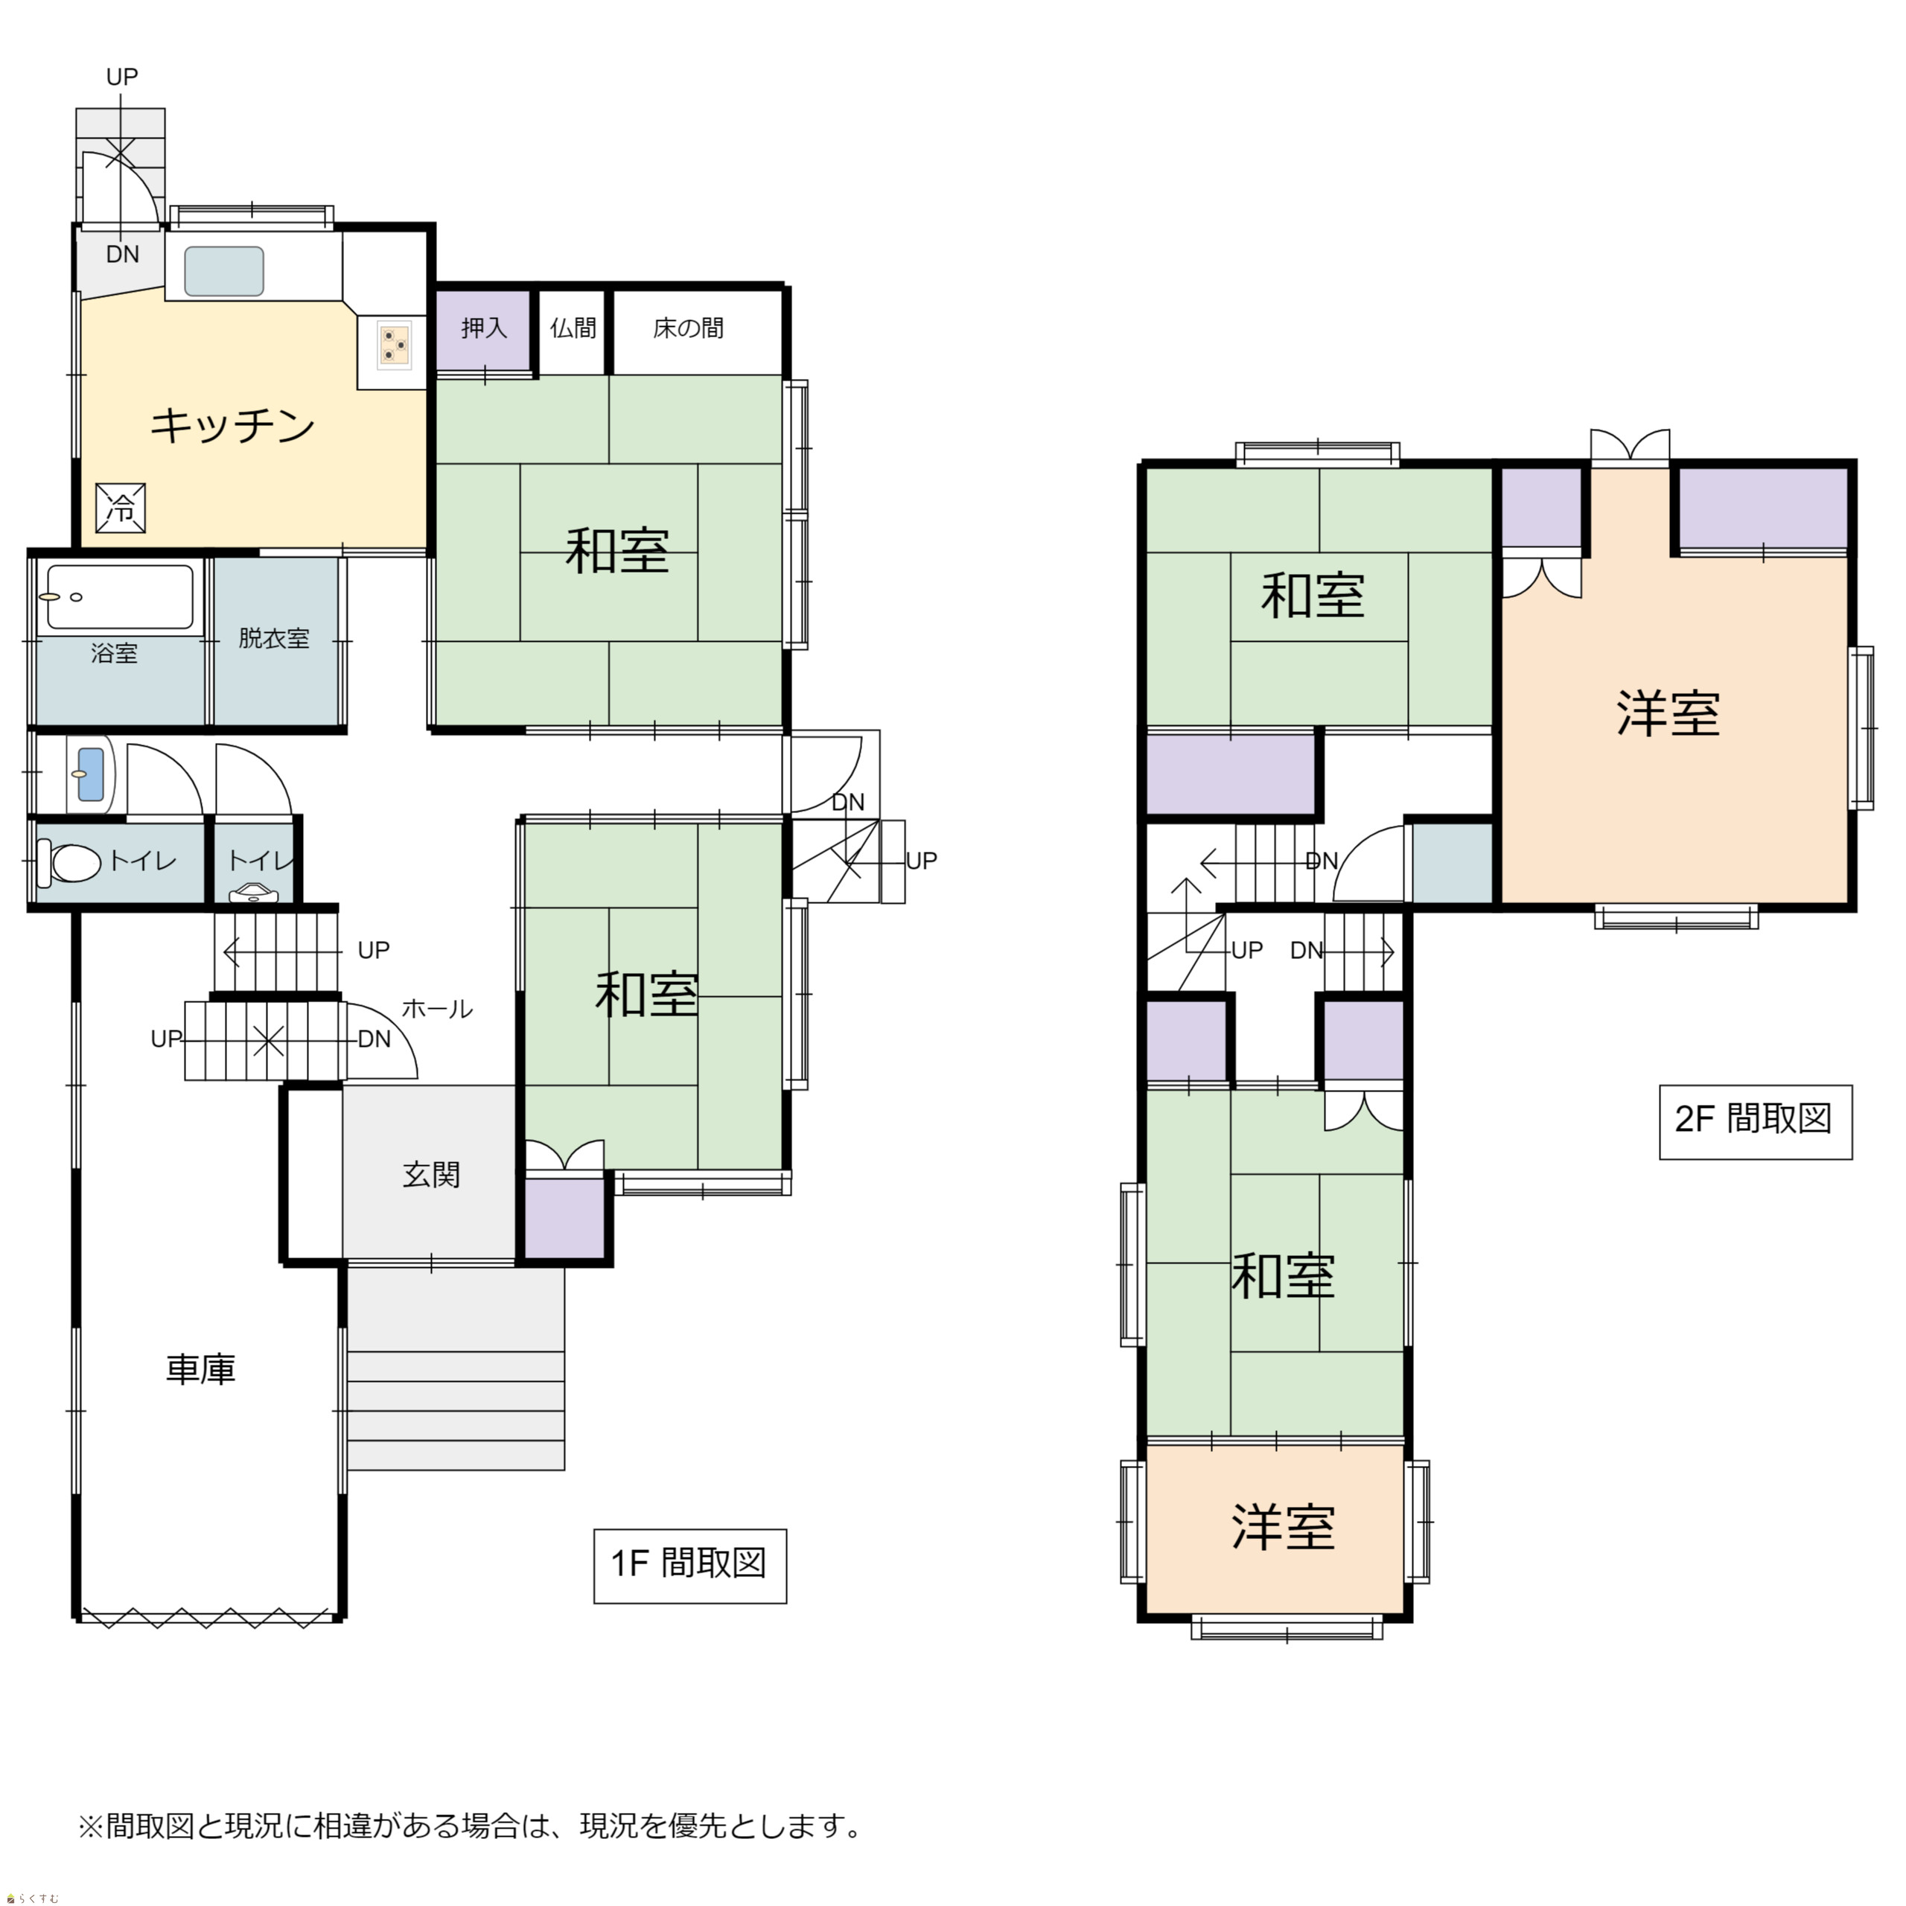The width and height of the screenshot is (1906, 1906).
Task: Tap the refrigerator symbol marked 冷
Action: [x=121, y=508]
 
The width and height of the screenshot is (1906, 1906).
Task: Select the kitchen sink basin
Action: [x=224, y=271]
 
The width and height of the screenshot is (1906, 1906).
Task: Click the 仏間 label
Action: [x=573, y=328]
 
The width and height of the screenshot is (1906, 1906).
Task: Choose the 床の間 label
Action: [x=688, y=328]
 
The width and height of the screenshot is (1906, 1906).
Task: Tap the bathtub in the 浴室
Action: [x=121, y=597]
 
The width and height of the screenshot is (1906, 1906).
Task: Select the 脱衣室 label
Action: [x=273, y=638]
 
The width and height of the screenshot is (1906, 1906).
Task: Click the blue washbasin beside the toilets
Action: [x=90, y=774]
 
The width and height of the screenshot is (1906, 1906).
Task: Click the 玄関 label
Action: [x=431, y=1174]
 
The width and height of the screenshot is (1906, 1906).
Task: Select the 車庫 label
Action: [x=200, y=1369]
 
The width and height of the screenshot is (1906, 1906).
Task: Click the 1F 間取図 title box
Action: [x=689, y=1566]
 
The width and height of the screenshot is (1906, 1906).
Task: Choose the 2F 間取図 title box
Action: [x=1755, y=1122]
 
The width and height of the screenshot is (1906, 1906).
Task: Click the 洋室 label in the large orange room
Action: [x=1668, y=713]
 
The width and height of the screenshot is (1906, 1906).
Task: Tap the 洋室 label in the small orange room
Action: [x=1283, y=1526]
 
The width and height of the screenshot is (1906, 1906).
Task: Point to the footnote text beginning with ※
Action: [x=471, y=1826]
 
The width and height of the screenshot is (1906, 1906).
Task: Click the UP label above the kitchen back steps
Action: [x=121, y=76]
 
